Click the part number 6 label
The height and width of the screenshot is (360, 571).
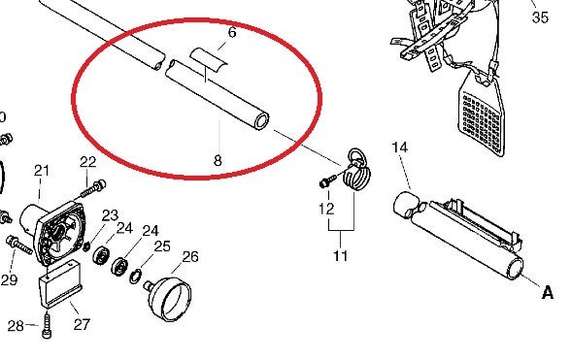(232, 32)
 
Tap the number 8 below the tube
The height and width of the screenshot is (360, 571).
(218, 160)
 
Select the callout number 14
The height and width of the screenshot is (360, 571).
(399, 147)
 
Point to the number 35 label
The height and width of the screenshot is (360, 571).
(540, 17)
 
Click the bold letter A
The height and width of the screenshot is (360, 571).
(548, 292)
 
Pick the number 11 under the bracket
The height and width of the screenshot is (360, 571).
(341, 256)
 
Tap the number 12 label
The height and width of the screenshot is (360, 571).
(326, 209)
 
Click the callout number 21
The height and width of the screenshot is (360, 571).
(42, 171)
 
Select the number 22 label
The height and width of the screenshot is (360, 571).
(87, 162)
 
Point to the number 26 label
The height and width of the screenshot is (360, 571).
(190, 257)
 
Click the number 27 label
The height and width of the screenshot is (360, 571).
(82, 324)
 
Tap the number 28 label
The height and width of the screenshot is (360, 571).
(16, 326)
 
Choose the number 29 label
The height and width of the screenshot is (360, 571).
(9, 279)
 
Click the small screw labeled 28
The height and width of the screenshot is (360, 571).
(47, 327)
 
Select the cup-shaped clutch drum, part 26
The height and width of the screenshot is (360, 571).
(168, 299)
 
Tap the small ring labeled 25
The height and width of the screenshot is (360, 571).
(135, 277)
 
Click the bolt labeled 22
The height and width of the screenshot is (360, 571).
(91, 189)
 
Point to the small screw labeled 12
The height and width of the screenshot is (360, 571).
(328, 180)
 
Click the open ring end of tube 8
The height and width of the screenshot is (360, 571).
(262, 121)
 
